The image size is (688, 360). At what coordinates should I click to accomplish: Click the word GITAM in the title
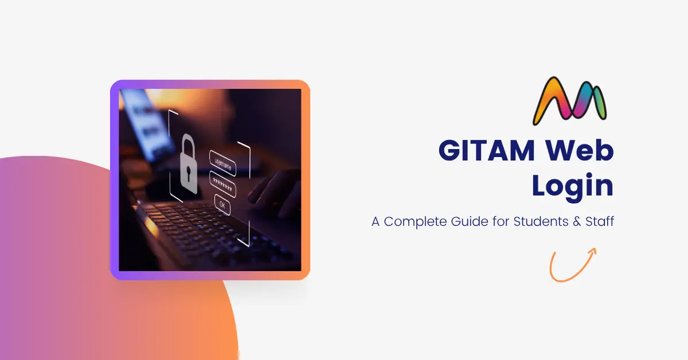487,150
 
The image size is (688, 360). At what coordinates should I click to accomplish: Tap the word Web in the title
579,150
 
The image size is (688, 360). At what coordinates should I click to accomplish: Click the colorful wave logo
570,101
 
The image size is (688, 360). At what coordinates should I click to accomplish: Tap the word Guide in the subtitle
470,221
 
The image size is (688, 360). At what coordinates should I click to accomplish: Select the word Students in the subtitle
541,221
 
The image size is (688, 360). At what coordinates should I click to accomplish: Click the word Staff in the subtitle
600,221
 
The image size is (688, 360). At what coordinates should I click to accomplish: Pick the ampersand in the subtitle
577,221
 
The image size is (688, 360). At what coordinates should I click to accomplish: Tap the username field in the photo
222,163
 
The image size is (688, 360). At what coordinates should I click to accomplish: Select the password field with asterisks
222,184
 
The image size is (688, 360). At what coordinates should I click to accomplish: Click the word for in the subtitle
501,221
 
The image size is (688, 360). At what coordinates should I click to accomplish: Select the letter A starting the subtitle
376,221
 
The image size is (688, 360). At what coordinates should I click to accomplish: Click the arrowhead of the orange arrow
593,252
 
